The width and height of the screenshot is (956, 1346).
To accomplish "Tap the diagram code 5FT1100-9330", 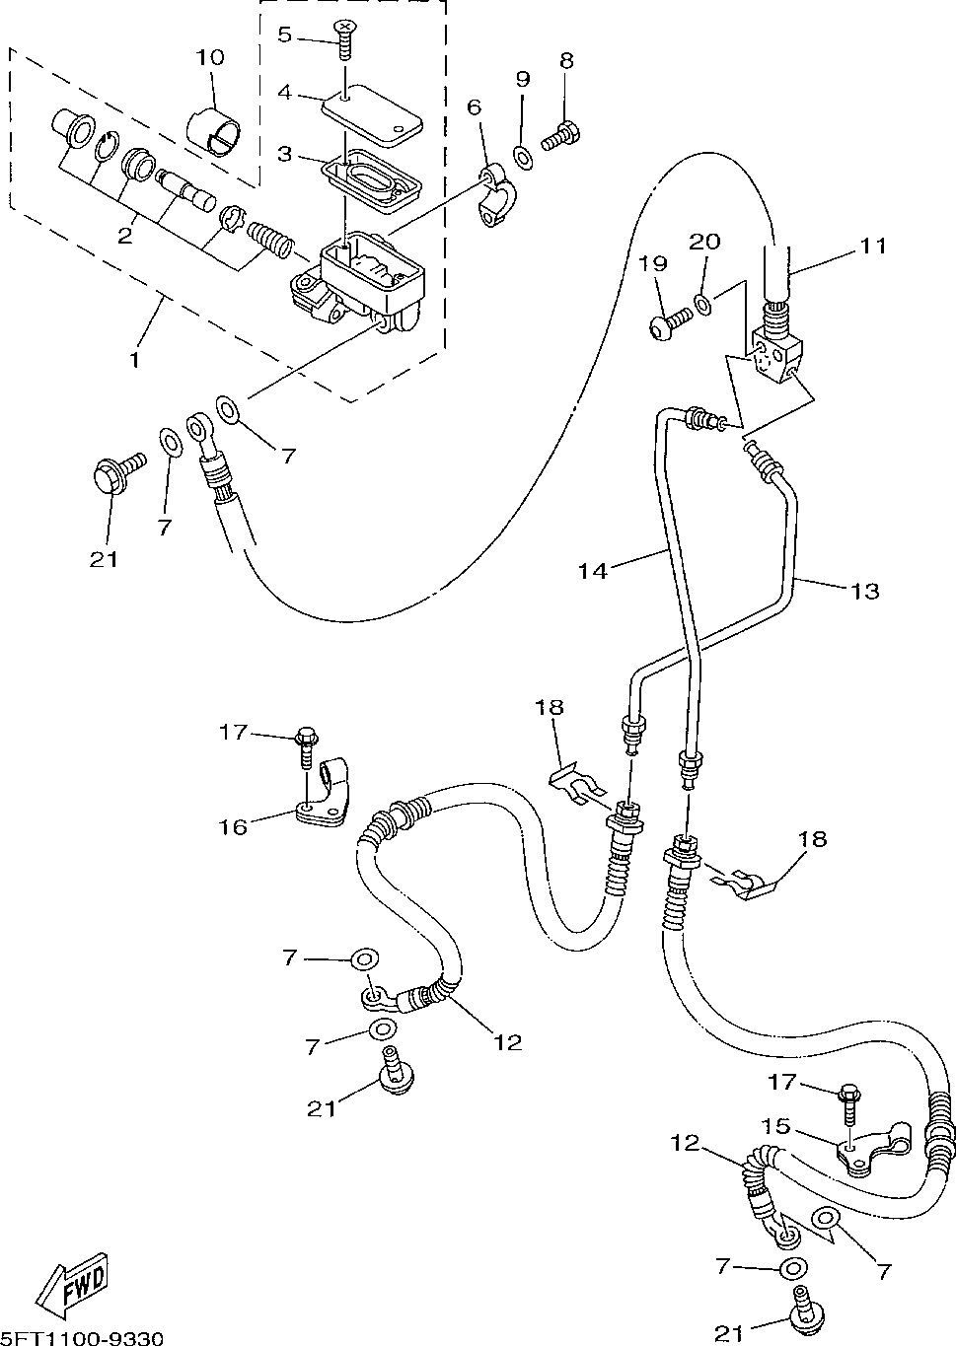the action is [x=81, y=1337].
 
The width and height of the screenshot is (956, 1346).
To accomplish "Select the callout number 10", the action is [x=210, y=57].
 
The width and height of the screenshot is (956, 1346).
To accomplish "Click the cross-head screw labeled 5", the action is [x=344, y=39].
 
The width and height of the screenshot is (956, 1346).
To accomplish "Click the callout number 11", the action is [x=872, y=246].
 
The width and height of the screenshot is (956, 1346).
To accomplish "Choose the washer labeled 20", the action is [x=702, y=304].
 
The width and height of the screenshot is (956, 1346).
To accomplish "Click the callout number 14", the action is [x=593, y=571].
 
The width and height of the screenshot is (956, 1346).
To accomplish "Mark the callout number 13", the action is [x=864, y=592].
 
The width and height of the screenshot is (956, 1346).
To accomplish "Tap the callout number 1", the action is [x=135, y=360].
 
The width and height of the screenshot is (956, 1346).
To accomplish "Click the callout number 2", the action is [x=124, y=236].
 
